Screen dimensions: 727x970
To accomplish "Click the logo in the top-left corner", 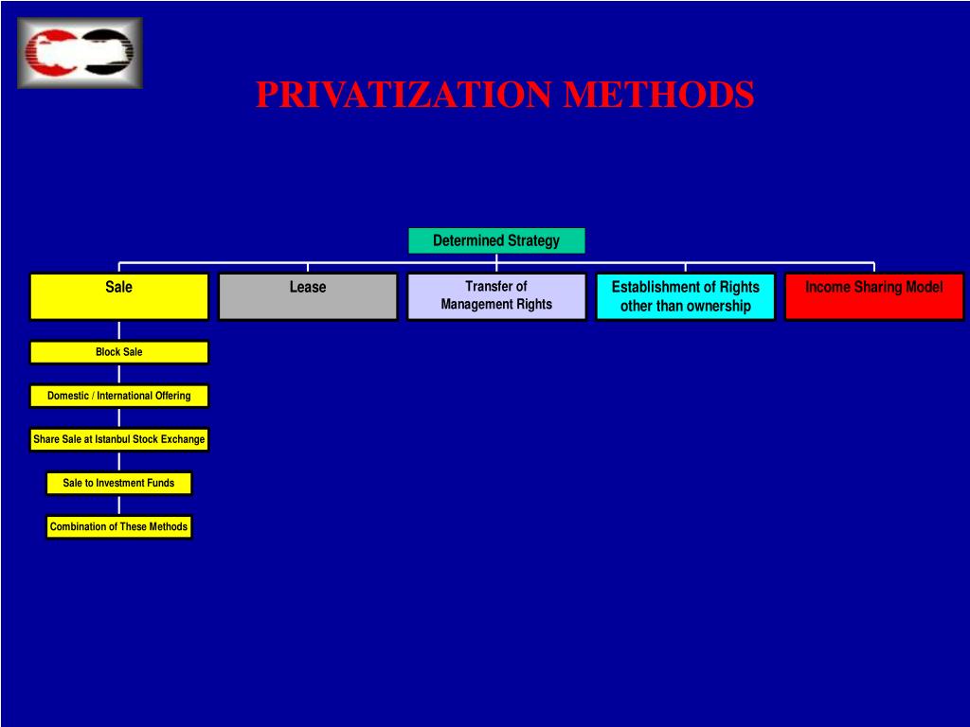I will (x=80, y=53).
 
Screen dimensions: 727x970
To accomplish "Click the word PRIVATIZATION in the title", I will (x=404, y=95).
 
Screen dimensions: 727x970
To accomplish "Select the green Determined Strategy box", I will (x=496, y=240).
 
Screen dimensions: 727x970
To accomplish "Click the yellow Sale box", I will (x=118, y=296).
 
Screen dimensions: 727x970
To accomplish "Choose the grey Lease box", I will (x=308, y=296).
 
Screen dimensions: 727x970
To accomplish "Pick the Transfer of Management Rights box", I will (x=496, y=296).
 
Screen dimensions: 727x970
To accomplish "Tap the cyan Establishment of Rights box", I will (x=685, y=296).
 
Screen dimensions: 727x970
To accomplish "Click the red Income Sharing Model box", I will (x=873, y=296).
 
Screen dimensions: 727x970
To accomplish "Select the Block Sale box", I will (x=118, y=352).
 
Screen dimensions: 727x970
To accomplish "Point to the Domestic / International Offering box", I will (x=118, y=396).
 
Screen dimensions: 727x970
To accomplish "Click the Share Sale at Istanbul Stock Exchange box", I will (x=118, y=439).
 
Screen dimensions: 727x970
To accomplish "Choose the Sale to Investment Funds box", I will (x=118, y=483).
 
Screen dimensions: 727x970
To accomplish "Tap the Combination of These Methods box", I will (x=118, y=526).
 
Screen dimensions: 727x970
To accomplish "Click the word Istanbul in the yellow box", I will (x=112, y=439).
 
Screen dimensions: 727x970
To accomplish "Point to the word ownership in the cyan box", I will (x=712, y=306).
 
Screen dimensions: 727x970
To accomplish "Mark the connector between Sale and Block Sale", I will (x=119, y=330).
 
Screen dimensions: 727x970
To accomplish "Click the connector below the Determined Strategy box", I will (x=496, y=258).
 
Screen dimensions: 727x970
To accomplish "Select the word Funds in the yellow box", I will (x=160, y=483).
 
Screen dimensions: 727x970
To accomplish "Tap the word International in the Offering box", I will (x=126, y=396).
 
